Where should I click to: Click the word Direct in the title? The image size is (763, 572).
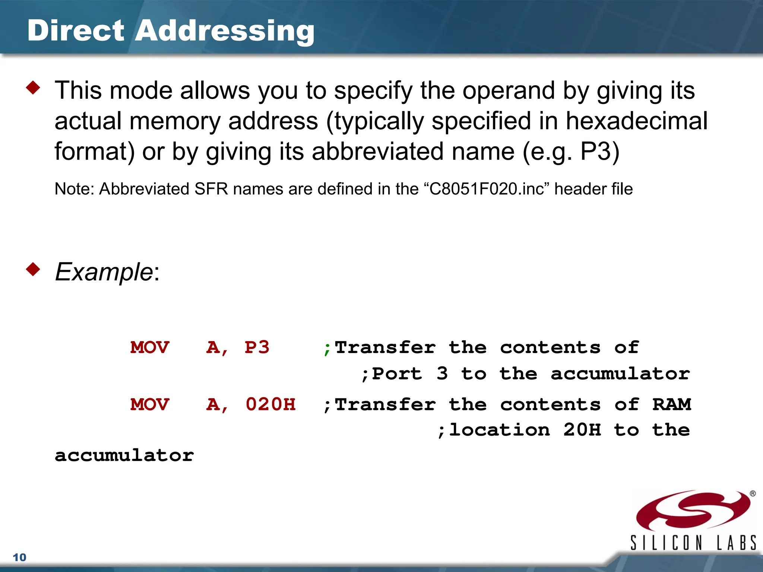pos(76,31)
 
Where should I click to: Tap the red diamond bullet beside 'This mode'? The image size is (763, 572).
pos(33,88)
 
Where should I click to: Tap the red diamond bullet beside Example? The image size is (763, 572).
pos(33,269)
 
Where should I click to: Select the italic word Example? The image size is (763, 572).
pos(104,272)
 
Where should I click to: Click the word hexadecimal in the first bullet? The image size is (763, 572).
pos(636,121)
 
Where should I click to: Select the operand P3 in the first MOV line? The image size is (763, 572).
pos(257,347)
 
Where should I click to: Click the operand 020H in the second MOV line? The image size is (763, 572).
pos(270,404)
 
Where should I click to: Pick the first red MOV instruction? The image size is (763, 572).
pos(150,347)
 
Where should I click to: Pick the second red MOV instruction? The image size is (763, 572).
pos(150,404)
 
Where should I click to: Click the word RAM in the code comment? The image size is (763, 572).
pos(672,404)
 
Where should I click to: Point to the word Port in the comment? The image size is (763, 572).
pos(397,374)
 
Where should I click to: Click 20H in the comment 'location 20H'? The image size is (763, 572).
pos(582,430)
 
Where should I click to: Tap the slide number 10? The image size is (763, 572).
pos(20,557)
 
